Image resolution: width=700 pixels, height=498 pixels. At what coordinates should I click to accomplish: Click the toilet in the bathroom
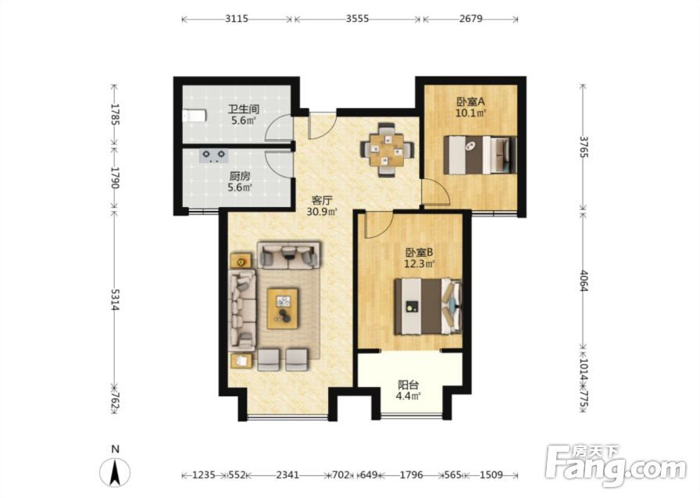(195, 116)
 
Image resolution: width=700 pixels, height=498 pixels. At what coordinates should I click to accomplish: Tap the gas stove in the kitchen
(214, 155)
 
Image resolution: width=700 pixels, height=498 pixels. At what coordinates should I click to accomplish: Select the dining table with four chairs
(387, 149)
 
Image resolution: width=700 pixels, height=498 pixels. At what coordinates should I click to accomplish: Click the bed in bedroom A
(480, 155)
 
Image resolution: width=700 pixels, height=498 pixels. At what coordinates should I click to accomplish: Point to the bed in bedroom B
(427, 306)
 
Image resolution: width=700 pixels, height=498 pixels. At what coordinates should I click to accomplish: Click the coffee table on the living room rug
(283, 309)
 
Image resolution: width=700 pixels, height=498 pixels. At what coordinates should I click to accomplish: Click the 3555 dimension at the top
(358, 19)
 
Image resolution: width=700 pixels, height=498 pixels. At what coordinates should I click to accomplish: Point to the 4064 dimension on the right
(583, 280)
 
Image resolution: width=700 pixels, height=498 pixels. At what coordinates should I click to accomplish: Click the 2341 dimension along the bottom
(287, 475)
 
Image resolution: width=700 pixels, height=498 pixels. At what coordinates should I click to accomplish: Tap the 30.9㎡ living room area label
(321, 212)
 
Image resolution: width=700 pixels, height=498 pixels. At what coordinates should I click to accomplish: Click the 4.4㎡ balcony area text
(409, 396)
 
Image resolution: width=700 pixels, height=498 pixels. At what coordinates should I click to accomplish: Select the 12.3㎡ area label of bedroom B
(420, 264)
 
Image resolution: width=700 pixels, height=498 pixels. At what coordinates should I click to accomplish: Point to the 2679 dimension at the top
(470, 19)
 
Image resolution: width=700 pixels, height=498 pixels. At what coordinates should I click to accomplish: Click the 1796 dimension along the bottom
(411, 475)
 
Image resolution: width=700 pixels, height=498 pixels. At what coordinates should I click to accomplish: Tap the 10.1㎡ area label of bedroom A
(470, 113)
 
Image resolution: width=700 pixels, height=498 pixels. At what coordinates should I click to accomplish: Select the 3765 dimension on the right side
(583, 145)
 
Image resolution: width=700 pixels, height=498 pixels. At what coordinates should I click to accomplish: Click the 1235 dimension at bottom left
(204, 475)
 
